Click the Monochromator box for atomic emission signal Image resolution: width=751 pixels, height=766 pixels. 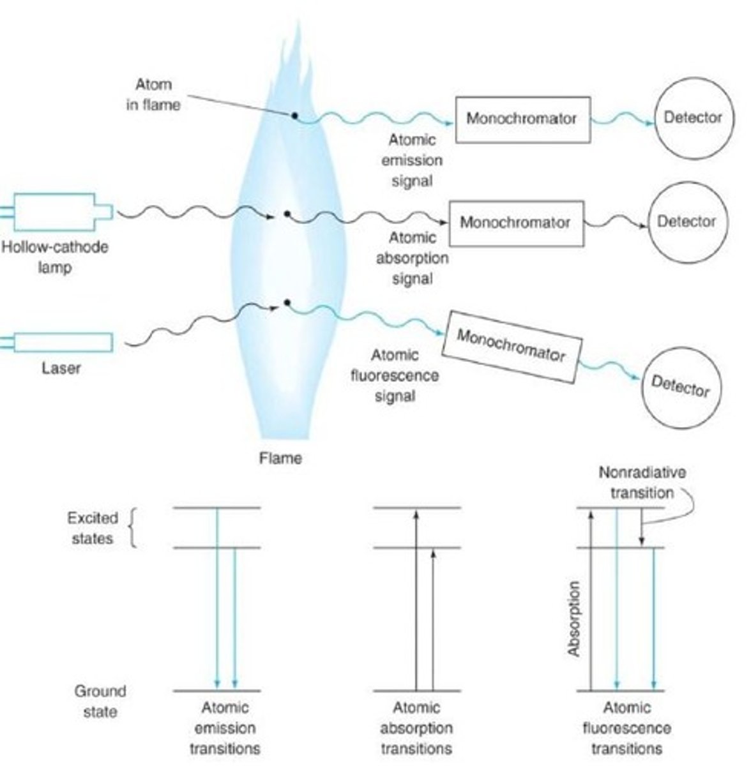tap(522, 119)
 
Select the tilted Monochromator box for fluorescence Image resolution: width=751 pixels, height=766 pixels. tap(512, 346)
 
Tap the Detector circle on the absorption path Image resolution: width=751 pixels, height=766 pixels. tap(686, 222)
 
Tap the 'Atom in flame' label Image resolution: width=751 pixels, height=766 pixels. tap(153, 94)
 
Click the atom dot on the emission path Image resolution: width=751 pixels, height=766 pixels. tap(294, 116)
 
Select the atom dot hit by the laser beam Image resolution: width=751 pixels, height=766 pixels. tap(287, 302)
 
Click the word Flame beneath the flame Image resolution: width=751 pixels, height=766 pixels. tap(280, 458)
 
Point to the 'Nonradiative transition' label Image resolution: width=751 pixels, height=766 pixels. tap(642, 483)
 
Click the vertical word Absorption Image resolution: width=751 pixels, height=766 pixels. tap(574, 619)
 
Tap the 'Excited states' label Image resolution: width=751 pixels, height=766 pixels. tap(93, 528)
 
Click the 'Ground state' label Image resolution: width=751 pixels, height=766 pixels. tap(100, 700)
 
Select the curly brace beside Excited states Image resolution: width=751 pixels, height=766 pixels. tap(133, 528)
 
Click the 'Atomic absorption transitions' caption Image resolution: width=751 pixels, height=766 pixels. tap(416, 728)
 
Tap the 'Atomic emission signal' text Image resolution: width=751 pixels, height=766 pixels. tap(412, 160)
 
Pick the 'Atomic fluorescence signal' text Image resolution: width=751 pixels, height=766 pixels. tap(395, 375)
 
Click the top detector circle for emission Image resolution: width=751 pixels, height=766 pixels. tap(692, 117)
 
